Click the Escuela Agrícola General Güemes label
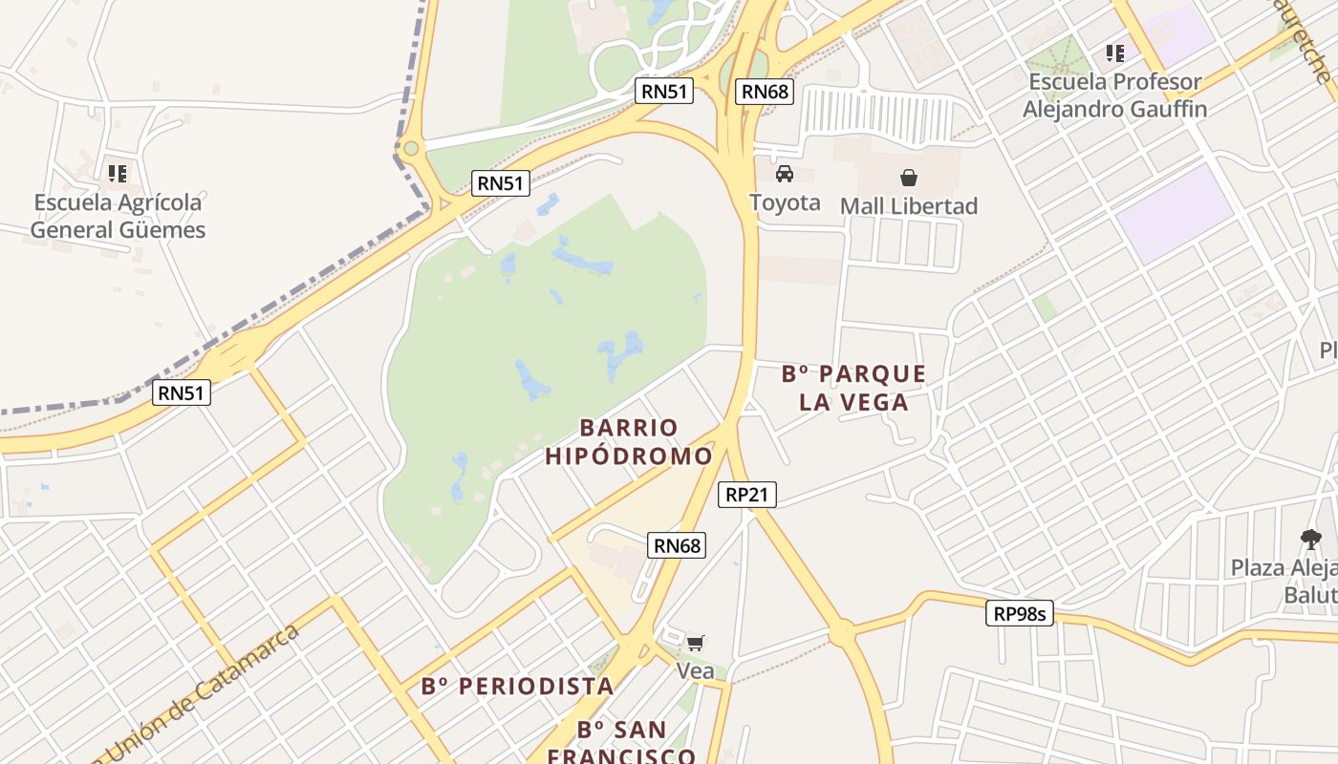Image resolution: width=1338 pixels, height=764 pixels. [118, 216]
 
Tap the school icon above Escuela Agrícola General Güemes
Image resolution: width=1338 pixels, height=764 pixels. [118, 173]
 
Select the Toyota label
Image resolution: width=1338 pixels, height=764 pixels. [785, 202]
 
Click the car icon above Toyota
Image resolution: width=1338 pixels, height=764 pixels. [785, 173]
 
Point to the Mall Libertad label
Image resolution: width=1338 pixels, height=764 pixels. [909, 206]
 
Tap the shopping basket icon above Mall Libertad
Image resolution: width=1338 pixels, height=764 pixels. [908, 177]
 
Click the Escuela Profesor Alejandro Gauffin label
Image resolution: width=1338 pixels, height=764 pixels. [1114, 95]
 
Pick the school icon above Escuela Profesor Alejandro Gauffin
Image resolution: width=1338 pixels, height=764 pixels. [1114, 53]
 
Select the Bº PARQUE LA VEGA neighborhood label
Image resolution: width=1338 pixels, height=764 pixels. [853, 388]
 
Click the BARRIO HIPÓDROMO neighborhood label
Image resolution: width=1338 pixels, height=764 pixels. [629, 442]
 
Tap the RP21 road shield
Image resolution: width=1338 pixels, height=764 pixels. [747, 494]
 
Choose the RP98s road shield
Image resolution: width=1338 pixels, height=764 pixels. [1020, 614]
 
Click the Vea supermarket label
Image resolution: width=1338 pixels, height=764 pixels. [695, 671]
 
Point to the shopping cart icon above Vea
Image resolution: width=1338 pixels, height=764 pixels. [695, 643]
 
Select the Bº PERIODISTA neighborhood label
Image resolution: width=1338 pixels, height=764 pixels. [517, 686]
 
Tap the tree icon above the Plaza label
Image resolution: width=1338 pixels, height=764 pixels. [1310, 540]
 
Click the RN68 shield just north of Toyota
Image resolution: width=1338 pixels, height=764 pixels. [766, 92]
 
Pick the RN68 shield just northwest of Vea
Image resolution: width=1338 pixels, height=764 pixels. [678, 545]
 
